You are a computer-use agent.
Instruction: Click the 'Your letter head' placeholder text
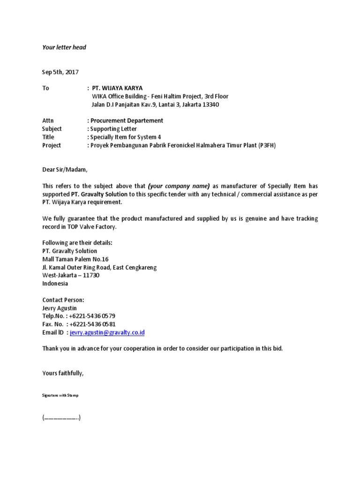(64, 47)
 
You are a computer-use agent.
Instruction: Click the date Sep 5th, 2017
(60, 72)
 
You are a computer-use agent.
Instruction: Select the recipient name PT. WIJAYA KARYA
(117, 88)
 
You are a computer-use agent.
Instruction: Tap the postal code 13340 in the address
(210, 105)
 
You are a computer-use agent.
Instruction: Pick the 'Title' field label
(48, 137)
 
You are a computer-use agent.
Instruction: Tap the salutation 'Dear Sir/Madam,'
(65, 170)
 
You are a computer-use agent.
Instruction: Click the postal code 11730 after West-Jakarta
(91, 276)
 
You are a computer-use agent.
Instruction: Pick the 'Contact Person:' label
(63, 300)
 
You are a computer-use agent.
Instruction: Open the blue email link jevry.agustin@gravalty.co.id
(107, 332)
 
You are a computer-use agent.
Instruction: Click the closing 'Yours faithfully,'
(63, 373)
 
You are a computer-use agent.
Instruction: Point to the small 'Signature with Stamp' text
(60, 396)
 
